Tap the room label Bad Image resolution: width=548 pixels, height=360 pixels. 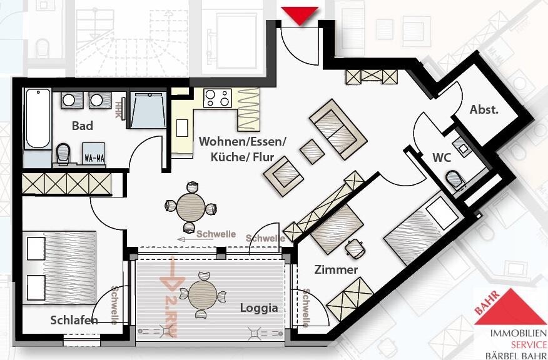[x=82, y=126]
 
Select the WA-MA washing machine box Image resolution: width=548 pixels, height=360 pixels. [x=94, y=157]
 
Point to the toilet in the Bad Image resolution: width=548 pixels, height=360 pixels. [x=63, y=152]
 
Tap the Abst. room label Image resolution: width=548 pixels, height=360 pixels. [x=484, y=109]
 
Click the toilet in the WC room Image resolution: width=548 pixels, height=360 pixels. [x=455, y=179]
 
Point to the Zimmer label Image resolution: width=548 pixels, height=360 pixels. [x=337, y=269]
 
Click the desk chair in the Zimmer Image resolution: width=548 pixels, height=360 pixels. [x=355, y=249]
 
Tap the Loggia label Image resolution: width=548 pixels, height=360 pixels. [x=258, y=307]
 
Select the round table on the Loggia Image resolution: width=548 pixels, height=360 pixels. [x=203, y=292]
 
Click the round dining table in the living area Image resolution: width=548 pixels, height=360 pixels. [x=190, y=207]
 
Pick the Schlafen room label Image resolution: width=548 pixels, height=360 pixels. [x=74, y=320]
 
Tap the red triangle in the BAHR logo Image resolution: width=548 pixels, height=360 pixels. [x=510, y=307]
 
